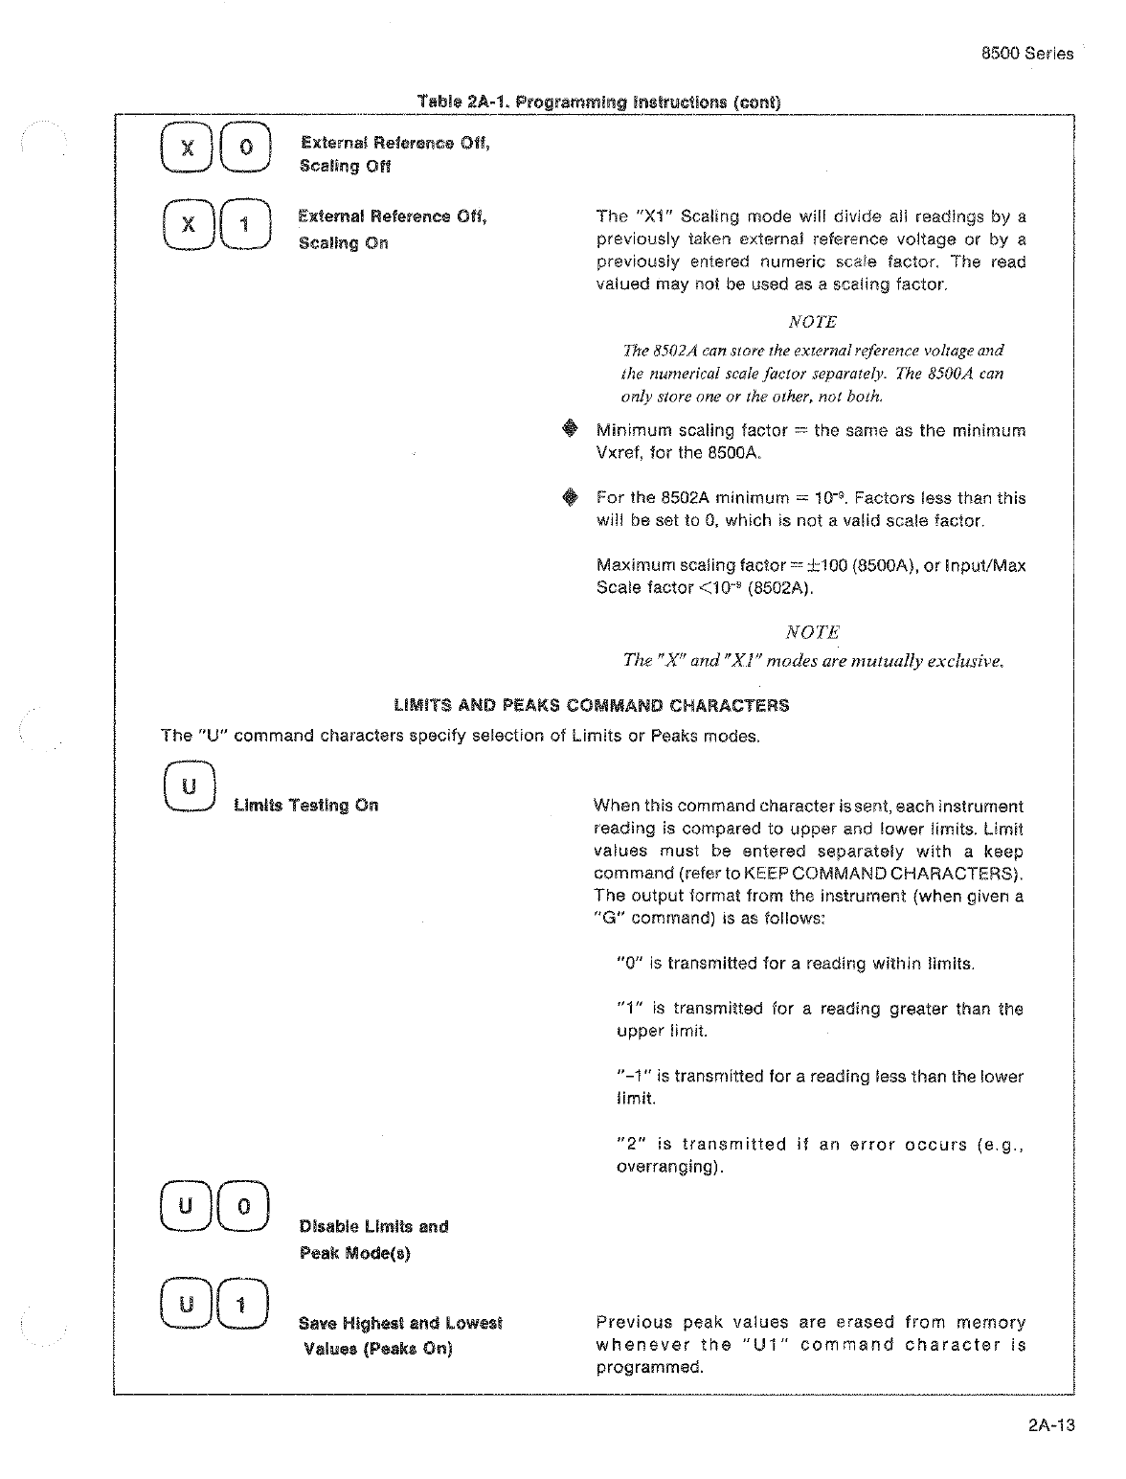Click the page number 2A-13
pyautogui.click(x=1051, y=1425)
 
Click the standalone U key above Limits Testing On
pyautogui.click(x=190, y=787)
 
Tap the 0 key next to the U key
pyautogui.click(x=243, y=1207)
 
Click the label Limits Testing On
pyautogui.click(x=305, y=807)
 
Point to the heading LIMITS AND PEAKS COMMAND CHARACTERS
pyautogui.click(x=592, y=706)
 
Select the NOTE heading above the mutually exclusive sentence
pyautogui.click(x=812, y=632)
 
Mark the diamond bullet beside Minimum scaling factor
pyautogui.click(x=571, y=430)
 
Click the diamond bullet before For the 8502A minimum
pyautogui.click(x=571, y=497)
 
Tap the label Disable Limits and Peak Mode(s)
pyautogui.click(x=373, y=1240)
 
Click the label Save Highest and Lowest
pyautogui.click(x=400, y=1324)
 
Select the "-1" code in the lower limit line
pyautogui.click(x=634, y=1077)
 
